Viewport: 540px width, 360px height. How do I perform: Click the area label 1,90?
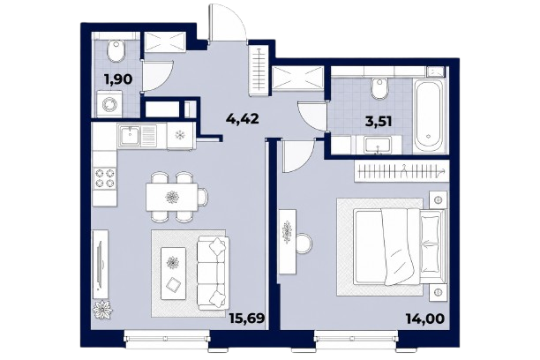pyautogui.click(x=118, y=79)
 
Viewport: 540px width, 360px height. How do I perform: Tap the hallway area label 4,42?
pyautogui.click(x=242, y=119)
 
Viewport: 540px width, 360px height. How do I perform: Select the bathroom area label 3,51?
pyautogui.click(x=379, y=121)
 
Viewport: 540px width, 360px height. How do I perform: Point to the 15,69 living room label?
pyautogui.click(x=247, y=319)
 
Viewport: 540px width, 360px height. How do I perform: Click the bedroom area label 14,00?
pyautogui.click(x=425, y=319)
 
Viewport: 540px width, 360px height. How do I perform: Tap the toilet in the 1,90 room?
pyautogui.click(x=115, y=51)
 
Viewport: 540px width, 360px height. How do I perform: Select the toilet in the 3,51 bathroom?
pyautogui.click(x=379, y=88)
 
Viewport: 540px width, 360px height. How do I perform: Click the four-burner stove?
pyautogui.click(x=105, y=177)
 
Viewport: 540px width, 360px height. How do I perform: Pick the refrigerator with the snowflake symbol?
pyautogui.click(x=180, y=135)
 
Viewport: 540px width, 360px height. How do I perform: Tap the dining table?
pyautogui.click(x=172, y=197)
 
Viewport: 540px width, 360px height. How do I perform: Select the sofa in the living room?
pyautogui.click(x=213, y=273)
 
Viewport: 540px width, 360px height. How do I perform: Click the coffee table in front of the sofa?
pyautogui.click(x=174, y=273)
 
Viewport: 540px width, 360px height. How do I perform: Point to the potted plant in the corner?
pyautogui.click(x=102, y=310)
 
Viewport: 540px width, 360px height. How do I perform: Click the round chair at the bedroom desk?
pyautogui.click(x=304, y=244)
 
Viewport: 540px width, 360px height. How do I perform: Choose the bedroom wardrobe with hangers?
pyautogui.click(x=401, y=171)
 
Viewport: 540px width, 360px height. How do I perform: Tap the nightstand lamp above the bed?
pyautogui.click(x=438, y=199)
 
